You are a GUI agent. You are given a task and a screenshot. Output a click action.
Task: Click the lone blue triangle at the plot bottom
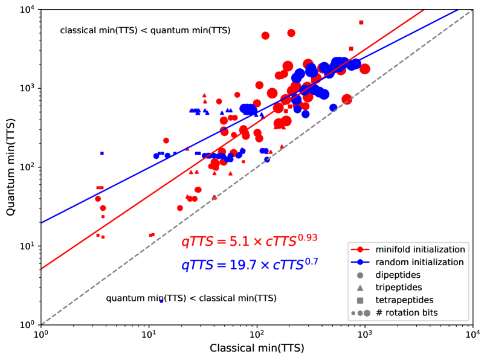161,300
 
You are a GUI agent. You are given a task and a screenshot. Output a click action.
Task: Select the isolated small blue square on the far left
102,153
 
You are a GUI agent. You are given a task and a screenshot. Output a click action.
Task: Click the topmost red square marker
361,22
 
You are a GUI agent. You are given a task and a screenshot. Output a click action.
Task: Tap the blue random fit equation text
249,265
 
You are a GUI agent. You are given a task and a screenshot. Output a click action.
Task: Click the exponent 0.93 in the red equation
308,237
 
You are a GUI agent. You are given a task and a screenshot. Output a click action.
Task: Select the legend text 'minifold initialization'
420,249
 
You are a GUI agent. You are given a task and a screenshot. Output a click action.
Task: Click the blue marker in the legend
360,262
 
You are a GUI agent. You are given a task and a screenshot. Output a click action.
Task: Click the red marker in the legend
360,249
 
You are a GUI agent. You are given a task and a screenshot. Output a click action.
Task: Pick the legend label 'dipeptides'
398,275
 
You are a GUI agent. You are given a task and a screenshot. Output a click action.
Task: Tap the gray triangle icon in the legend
360,288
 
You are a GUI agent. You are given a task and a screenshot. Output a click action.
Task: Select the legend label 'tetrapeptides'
404,300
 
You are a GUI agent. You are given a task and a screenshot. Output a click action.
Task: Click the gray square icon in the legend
360,300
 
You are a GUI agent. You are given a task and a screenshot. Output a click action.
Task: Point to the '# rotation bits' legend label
407,313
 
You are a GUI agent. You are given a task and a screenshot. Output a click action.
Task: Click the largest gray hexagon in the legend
367,313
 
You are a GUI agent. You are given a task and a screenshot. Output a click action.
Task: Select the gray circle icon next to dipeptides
360,275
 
